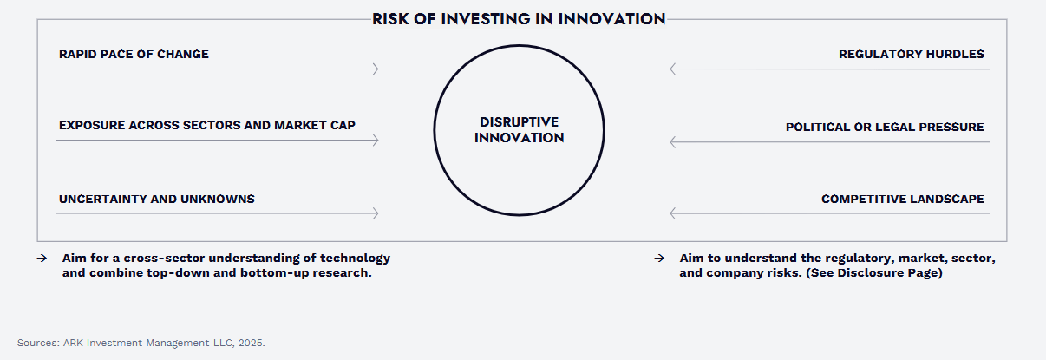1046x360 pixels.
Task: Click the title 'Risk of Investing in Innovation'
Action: (x=519, y=19)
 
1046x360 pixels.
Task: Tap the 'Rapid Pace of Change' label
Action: (x=134, y=54)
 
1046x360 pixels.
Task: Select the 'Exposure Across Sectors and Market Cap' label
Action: (x=207, y=125)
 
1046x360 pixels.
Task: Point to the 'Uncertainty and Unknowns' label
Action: (x=157, y=199)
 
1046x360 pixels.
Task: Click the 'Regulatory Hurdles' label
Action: (x=912, y=54)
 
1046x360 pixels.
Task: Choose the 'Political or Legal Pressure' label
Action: (x=885, y=127)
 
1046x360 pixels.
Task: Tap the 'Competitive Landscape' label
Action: (x=903, y=199)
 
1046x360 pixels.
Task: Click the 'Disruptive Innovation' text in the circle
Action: (x=520, y=130)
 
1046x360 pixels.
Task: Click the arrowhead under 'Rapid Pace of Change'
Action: (x=376, y=69)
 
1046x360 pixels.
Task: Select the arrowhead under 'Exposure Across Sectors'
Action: (x=376, y=140)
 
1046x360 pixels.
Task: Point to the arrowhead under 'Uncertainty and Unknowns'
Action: (x=376, y=213)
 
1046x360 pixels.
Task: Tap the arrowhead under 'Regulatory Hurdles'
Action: (x=673, y=69)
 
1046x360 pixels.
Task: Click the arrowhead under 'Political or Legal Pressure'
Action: (x=673, y=142)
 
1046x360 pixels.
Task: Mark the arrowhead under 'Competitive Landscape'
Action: (x=673, y=213)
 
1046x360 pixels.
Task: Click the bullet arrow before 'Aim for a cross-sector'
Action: (x=42, y=258)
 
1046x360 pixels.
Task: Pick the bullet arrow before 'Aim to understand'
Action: (x=659, y=258)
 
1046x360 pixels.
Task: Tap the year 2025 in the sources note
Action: (x=252, y=343)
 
